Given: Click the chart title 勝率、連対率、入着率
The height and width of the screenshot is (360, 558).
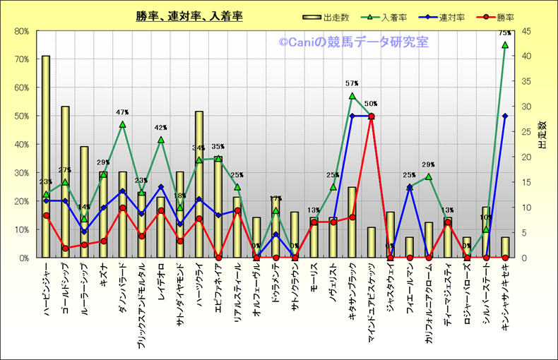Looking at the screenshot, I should pos(189,16).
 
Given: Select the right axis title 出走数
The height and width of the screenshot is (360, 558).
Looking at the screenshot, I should pos(542,134).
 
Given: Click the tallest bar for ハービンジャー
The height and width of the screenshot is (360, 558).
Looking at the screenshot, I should pos(46,155).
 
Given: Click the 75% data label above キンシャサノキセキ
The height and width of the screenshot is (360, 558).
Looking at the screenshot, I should pos(505,33).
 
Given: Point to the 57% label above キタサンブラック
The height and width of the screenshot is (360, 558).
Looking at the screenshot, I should pos(352,84).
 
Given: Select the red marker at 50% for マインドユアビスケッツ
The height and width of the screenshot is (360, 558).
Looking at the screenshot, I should pos(372,116).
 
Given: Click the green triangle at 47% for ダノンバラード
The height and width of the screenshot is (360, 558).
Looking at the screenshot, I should pos(122,125).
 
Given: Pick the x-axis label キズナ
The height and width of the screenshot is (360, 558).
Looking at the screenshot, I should pos(104,273).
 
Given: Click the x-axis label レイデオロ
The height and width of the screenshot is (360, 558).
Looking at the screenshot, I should pos(161,277).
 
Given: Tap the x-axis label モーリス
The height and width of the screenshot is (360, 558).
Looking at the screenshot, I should pos(314,275).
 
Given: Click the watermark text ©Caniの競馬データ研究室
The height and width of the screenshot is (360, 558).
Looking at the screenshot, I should pos(352,43).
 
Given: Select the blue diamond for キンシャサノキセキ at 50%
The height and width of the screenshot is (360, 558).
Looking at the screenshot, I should pos(505,116).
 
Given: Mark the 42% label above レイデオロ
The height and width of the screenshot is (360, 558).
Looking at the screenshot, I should pos(160,128).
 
